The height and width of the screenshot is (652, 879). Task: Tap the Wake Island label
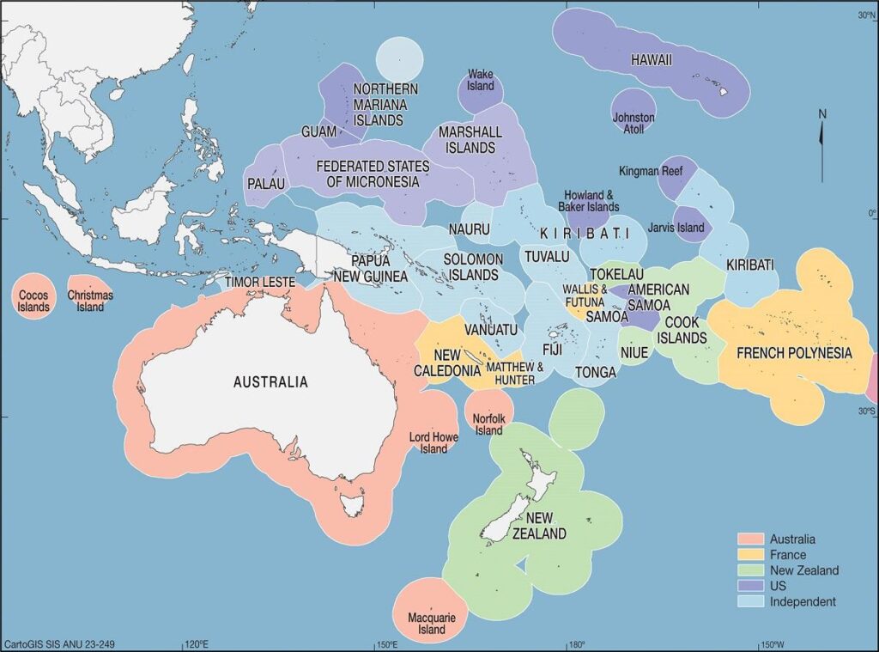pyautogui.click(x=481, y=81)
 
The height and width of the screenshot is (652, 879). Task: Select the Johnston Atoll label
pyautogui.click(x=633, y=123)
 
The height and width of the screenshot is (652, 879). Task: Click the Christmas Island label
pyautogui.click(x=90, y=301)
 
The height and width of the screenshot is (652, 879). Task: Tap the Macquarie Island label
pyautogui.click(x=426, y=624)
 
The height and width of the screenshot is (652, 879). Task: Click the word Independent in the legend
pyautogui.click(x=803, y=601)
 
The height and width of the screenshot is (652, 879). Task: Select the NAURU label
pyautogui.click(x=469, y=229)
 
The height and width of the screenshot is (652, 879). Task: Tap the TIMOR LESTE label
pyautogui.click(x=260, y=282)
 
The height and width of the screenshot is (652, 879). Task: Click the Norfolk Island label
pyautogui.click(x=489, y=424)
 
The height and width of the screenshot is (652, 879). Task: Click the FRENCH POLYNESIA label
pyautogui.click(x=794, y=353)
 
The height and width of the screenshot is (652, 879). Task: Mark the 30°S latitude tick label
pyautogui.click(x=866, y=411)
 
